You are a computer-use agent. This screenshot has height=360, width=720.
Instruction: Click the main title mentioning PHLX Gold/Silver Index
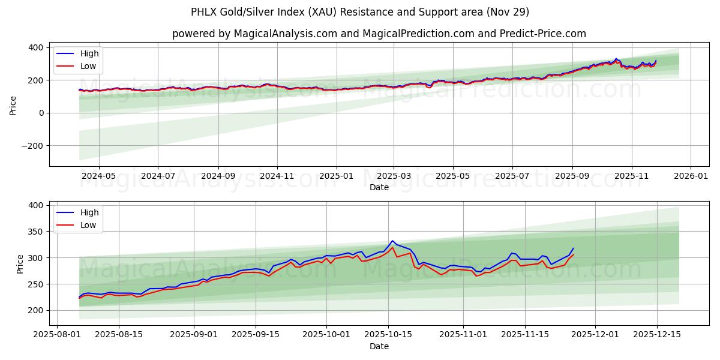coord(360,12)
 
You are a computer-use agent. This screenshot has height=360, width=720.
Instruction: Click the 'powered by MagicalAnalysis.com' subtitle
coord(379,34)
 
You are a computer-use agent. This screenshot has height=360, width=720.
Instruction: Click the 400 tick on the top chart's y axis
coord(36,47)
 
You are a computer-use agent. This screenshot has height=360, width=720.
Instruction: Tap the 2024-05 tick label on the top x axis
coord(98,176)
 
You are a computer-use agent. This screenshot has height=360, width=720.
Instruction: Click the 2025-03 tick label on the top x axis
coord(394,176)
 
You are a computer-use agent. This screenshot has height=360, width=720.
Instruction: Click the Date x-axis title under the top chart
coord(379,187)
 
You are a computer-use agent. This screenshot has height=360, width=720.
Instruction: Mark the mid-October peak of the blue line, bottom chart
coord(392,241)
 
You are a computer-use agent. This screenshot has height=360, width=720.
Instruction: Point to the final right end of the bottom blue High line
coord(573,248)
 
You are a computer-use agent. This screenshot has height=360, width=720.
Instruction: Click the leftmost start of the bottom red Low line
coord(79,298)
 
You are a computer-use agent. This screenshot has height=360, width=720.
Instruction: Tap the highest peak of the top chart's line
coord(616,59)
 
